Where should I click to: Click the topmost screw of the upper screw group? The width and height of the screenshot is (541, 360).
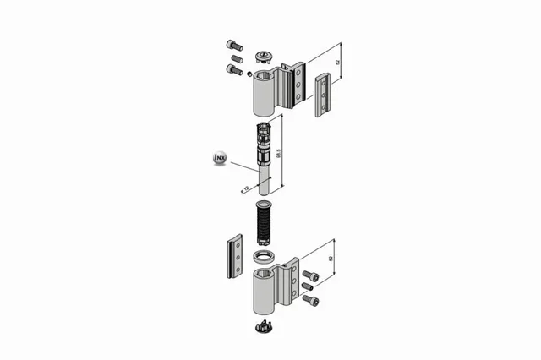[235, 45]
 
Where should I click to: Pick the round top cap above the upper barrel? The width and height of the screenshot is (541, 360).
[263, 57]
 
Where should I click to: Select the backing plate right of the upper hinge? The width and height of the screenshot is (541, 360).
[322, 94]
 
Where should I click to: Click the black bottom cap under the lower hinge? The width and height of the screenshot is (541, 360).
[263, 326]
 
